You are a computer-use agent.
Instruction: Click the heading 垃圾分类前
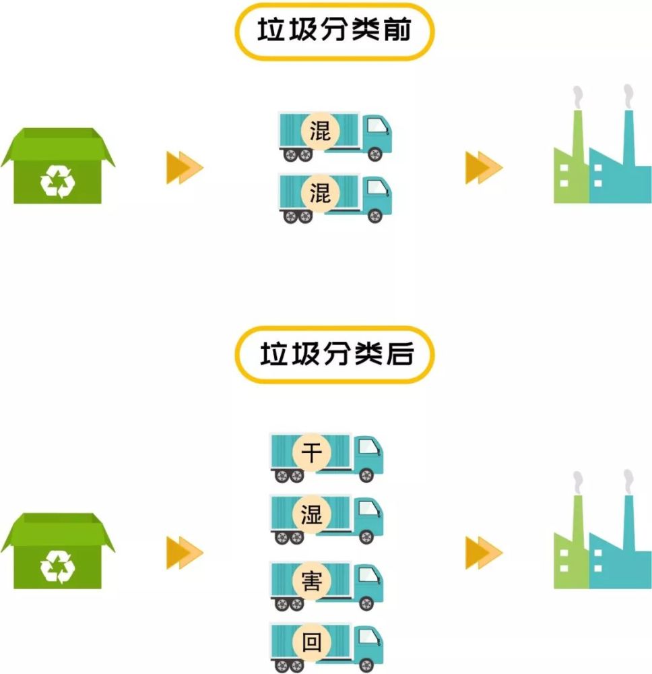[334, 31]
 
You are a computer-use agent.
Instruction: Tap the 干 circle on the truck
[311, 452]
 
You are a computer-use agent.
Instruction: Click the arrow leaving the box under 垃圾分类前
[184, 168]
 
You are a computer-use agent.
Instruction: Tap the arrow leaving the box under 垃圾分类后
[184, 553]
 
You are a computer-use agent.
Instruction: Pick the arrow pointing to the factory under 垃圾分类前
[483, 168]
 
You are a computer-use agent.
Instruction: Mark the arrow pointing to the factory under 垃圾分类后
[483, 553]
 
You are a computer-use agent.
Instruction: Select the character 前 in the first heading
[399, 31]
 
